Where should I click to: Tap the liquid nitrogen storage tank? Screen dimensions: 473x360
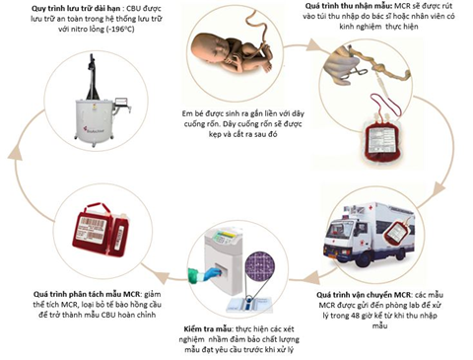coord(95,119)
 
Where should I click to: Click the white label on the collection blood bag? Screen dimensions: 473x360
coord(381,138)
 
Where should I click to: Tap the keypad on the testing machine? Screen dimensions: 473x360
coord(218,238)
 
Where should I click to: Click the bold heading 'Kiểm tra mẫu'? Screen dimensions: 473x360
coord(208,329)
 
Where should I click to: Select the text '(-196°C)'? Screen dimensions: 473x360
coord(120,30)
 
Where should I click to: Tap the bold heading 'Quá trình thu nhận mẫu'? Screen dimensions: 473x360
coord(349,6)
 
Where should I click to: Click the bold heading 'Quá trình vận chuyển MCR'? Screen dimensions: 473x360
coord(364,294)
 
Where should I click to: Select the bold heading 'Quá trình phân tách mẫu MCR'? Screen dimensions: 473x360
coord(87,294)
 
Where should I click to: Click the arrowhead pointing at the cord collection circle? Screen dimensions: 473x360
coord(312,45)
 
